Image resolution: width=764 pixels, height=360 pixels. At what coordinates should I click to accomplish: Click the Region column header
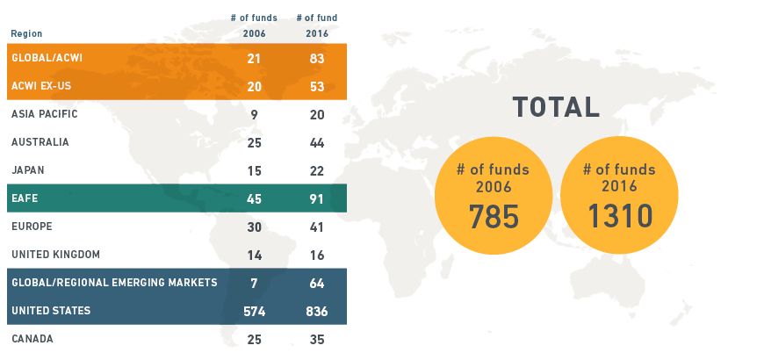(x=26, y=34)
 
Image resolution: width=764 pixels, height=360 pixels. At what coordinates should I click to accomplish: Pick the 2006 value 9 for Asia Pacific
(x=254, y=114)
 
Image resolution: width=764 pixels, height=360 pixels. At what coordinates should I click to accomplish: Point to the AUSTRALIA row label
(x=40, y=142)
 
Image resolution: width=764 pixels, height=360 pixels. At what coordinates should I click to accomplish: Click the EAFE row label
(x=24, y=198)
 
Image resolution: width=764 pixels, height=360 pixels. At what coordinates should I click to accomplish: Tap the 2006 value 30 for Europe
(x=254, y=227)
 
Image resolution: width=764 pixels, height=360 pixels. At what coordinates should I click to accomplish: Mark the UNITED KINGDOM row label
(x=55, y=255)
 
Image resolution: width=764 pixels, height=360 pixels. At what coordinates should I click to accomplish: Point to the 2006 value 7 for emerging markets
(x=254, y=283)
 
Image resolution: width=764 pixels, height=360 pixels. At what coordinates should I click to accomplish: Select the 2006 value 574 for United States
(x=254, y=311)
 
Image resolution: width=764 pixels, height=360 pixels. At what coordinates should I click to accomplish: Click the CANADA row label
(x=32, y=338)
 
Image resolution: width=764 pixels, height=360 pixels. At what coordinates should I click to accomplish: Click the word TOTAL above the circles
(x=556, y=107)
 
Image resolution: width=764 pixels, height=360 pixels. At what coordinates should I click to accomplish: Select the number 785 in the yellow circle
(x=494, y=215)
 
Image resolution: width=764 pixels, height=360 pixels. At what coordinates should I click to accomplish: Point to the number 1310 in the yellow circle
(x=619, y=215)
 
